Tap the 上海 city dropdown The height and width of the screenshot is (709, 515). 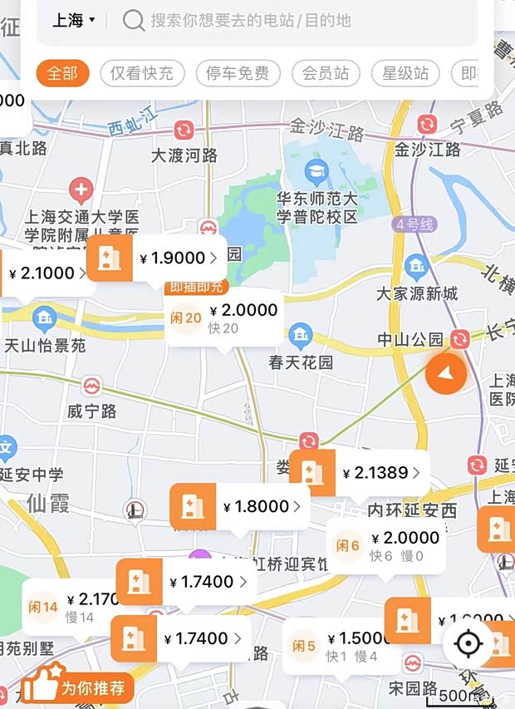[x=74, y=20]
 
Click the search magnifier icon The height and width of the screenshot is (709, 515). [x=133, y=20]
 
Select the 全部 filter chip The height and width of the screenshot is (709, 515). [x=62, y=73]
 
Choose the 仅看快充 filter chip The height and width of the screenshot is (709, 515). [x=141, y=73]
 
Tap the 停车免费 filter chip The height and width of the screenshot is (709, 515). [x=238, y=73]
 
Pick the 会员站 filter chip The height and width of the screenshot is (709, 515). [x=325, y=73]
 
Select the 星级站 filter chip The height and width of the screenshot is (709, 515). [x=405, y=73]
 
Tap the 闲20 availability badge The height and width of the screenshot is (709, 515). [x=186, y=318]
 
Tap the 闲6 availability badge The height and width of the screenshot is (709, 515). [x=348, y=546]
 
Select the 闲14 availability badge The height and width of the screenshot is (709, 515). [x=43, y=607]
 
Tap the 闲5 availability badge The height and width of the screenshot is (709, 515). [x=303, y=646]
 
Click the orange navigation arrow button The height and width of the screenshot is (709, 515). [x=447, y=374]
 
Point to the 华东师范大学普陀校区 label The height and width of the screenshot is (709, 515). [x=316, y=208]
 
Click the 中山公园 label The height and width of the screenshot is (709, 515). [x=411, y=339]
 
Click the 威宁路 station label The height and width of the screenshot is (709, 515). [x=92, y=411]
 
